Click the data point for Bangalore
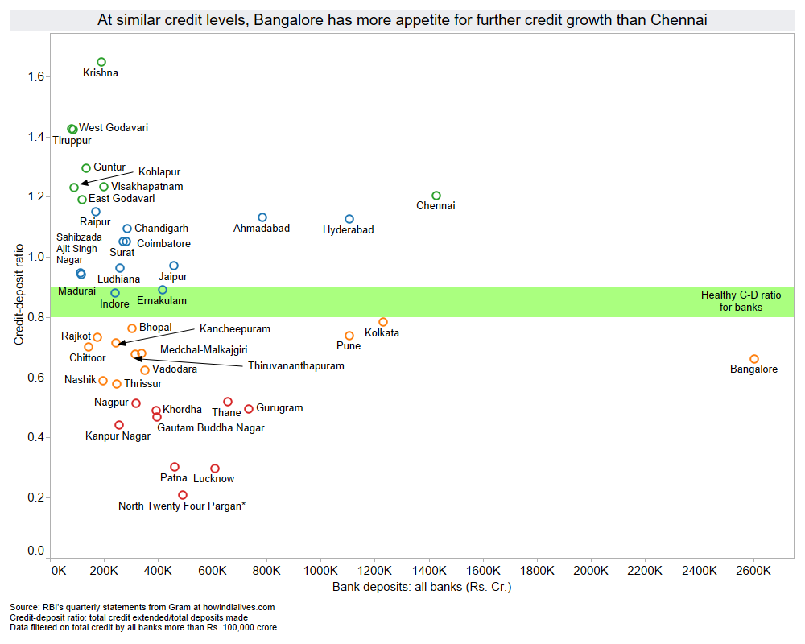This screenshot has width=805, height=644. pyautogui.click(x=754, y=359)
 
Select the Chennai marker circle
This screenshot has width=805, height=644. pyautogui.click(x=436, y=196)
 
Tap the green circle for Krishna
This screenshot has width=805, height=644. pyautogui.click(x=101, y=62)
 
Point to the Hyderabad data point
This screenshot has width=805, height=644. pyautogui.click(x=349, y=219)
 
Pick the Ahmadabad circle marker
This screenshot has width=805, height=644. pyautogui.click(x=262, y=217)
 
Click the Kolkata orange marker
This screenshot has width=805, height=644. pyautogui.click(x=383, y=322)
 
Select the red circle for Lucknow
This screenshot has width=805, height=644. pyautogui.click(x=215, y=469)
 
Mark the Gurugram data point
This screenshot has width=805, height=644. pyautogui.click(x=249, y=409)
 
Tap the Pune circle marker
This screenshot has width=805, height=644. pyautogui.click(x=349, y=336)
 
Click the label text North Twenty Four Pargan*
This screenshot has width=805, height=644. pyautogui.click(x=182, y=506)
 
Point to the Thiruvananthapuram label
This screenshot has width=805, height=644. pyautogui.click(x=295, y=365)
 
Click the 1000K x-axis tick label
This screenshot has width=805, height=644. pyautogui.click(x=320, y=571)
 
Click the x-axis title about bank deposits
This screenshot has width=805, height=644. pyautogui.click(x=422, y=587)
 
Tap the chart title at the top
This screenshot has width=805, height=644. pyautogui.click(x=402, y=20)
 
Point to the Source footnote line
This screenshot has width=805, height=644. pyautogui.click(x=142, y=607)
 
